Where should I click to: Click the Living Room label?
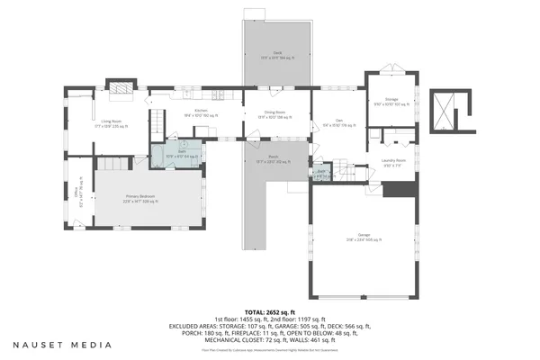click(x=111, y=121)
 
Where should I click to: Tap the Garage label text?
click(x=364, y=238)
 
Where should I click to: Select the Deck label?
click(x=277, y=54)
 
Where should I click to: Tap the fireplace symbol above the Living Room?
click(x=119, y=87)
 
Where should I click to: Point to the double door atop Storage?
click(x=391, y=68)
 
